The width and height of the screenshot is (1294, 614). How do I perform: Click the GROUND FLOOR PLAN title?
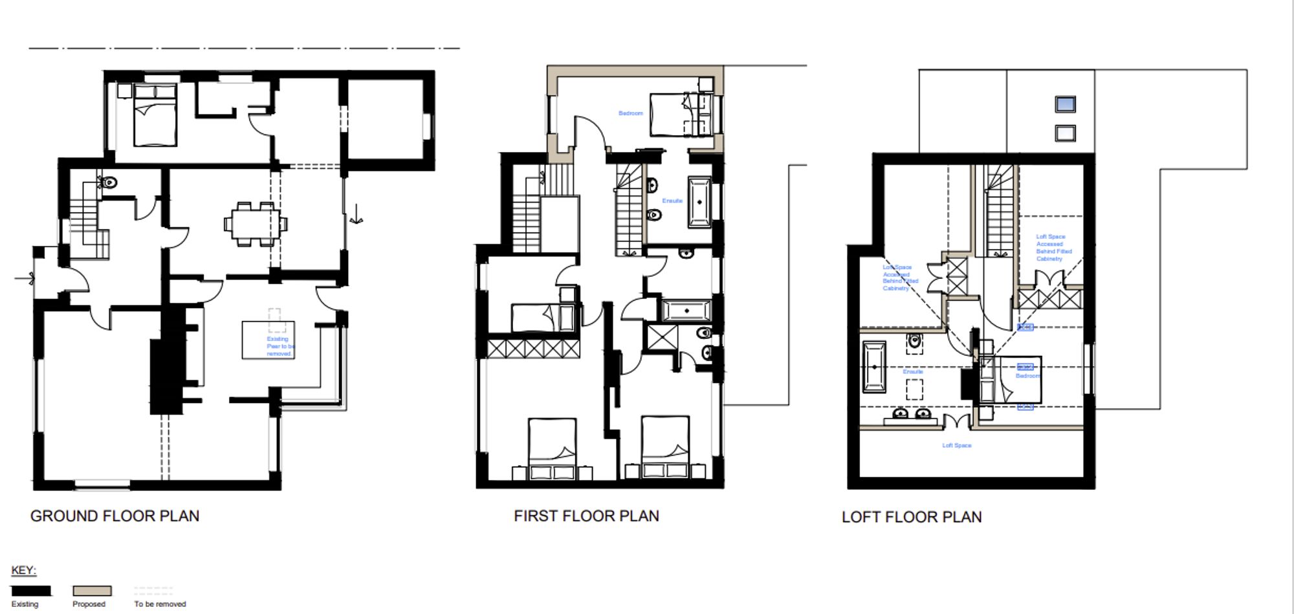coord(115,516)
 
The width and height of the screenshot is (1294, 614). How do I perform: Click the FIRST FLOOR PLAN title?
coord(586,516)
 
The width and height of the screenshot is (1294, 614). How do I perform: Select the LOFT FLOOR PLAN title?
coord(911,517)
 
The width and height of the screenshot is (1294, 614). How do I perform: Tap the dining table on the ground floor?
coord(256,224)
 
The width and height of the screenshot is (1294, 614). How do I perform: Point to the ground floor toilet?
coord(109,182)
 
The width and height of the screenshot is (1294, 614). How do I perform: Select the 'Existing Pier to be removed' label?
coord(280,346)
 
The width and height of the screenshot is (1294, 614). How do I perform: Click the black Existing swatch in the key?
coord(31,591)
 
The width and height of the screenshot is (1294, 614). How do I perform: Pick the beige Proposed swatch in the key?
coord(92,591)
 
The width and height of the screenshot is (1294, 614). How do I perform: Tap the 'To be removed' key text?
coord(160,604)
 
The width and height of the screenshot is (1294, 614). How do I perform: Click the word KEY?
coord(24,570)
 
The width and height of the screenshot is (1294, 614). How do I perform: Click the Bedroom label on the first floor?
coord(630,113)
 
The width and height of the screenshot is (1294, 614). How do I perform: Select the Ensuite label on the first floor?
coord(672,201)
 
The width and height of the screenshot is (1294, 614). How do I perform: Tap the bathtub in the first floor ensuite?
coord(699,202)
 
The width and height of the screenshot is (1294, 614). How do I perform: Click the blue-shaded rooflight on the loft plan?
coord(1065,104)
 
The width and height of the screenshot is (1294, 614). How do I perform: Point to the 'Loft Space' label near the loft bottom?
coord(956,445)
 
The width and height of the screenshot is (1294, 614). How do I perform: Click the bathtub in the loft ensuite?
coord(874,367)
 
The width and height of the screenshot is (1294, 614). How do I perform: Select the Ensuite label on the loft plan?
coord(912,372)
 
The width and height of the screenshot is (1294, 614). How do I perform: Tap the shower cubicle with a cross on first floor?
coord(662,338)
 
